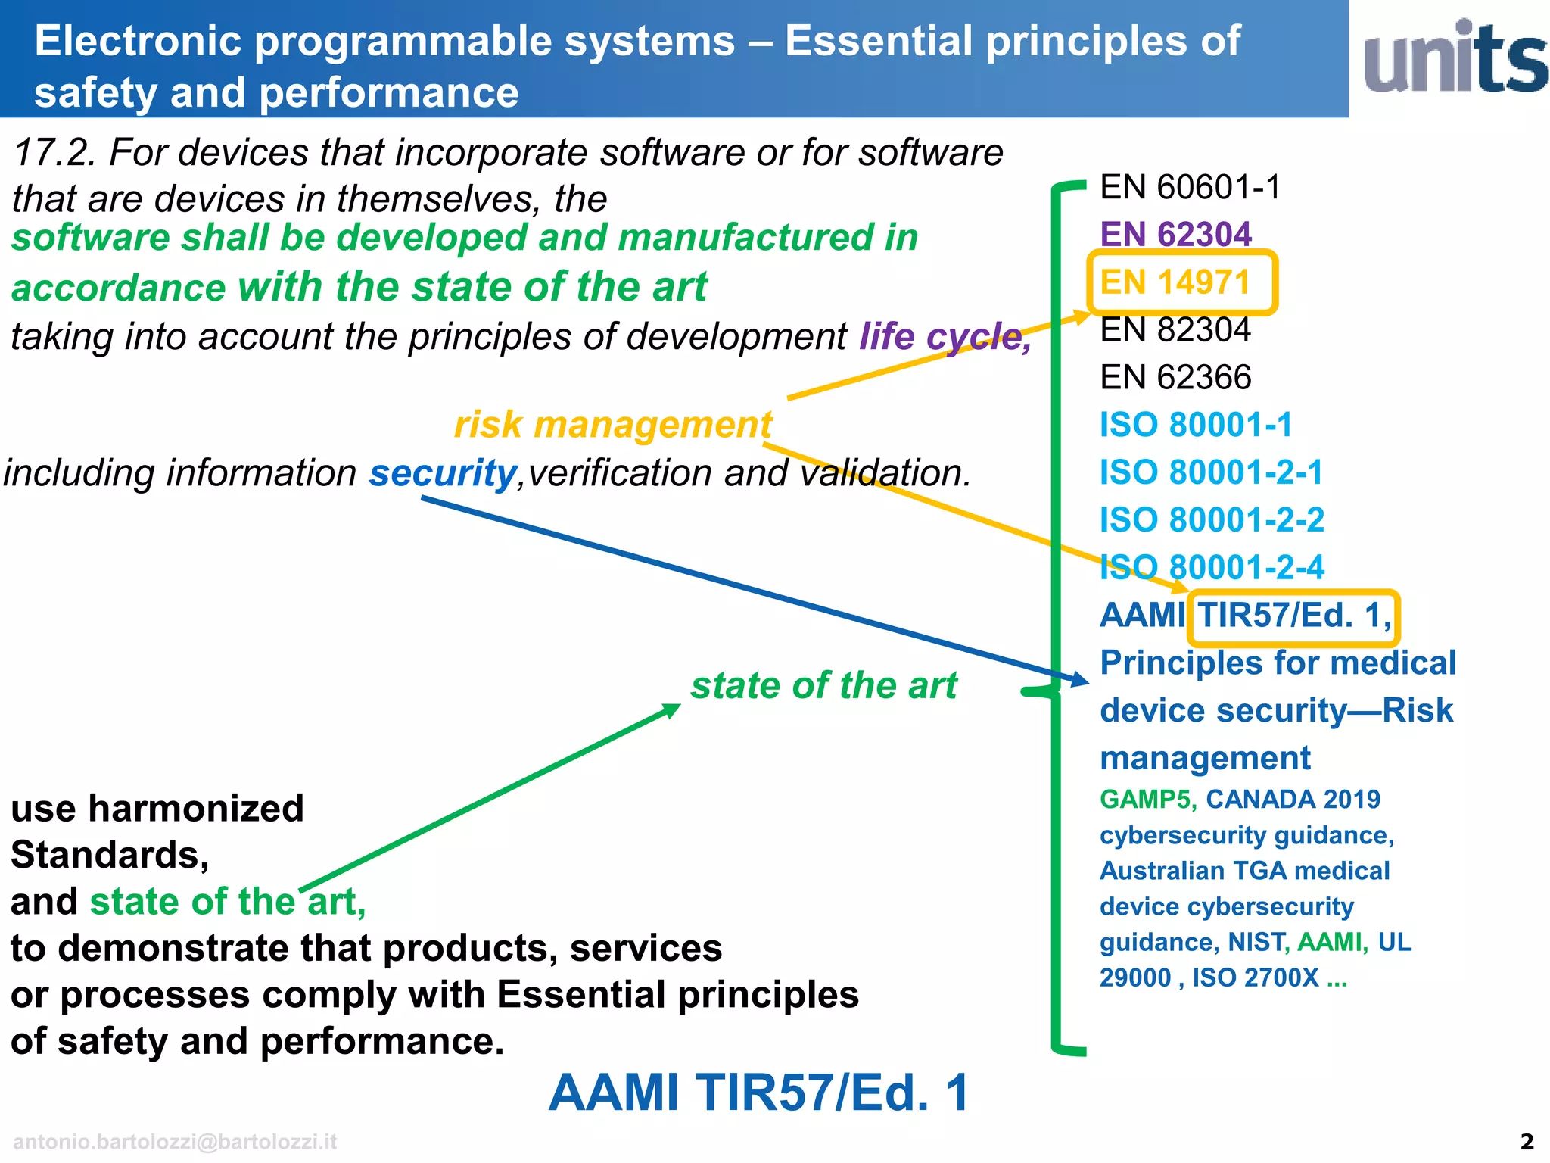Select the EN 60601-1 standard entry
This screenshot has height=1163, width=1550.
coord(1190,187)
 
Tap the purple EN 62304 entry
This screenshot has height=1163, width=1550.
coord(1175,234)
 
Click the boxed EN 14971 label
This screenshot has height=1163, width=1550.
coord(1175,282)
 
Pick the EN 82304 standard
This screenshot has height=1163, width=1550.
coord(1175,330)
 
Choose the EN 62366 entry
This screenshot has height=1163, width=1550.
coord(1175,377)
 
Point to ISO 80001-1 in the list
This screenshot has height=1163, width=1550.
coord(1196,425)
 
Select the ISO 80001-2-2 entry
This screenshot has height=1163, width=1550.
coord(1212,520)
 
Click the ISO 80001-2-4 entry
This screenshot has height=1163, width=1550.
coord(1212,567)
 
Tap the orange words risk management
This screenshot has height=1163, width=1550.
coord(613,425)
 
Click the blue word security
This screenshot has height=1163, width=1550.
coord(443,473)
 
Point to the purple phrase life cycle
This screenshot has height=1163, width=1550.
coord(945,336)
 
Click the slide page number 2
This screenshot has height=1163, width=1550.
coord(1527,1141)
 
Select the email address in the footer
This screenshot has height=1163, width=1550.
coord(175,1142)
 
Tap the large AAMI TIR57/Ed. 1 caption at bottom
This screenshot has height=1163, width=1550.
coord(758,1093)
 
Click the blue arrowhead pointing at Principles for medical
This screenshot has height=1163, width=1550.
coord(1078,678)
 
